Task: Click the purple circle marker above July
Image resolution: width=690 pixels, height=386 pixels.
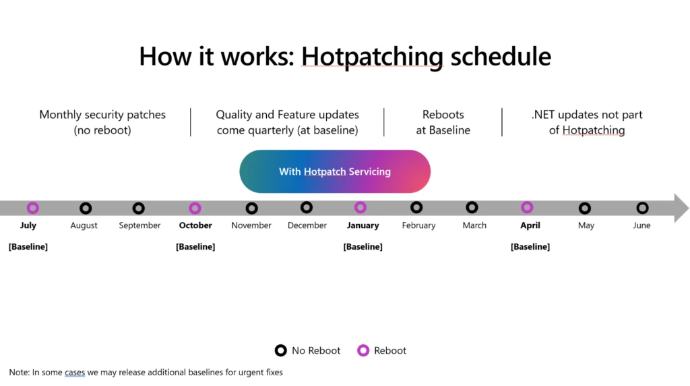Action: click(32, 208)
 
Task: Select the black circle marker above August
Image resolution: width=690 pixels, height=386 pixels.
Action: click(85, 209)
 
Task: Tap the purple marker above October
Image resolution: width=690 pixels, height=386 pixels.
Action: click(195, 209)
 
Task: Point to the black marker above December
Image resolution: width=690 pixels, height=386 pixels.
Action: click(307, 208)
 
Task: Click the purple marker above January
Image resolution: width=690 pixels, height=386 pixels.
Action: click(360, 208)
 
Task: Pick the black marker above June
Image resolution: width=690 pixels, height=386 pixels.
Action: click(642, 209)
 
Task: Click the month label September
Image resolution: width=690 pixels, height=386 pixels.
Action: click(139, 225)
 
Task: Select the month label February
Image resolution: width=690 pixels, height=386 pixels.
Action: click(418, 225)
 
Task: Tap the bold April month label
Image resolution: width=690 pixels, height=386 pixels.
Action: click(530, 225)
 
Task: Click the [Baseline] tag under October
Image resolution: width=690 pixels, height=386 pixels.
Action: click(195, 247)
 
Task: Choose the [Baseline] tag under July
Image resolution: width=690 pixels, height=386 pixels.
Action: click(28, 247)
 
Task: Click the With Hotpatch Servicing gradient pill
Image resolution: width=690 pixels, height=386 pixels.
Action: click(335, 171)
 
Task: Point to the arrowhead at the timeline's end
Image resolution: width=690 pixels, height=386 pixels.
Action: click(681, 208)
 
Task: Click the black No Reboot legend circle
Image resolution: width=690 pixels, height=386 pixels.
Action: click(280, 350)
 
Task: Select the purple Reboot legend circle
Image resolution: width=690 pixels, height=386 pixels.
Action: click(363, 350)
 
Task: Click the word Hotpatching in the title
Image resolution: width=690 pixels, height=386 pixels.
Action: click(372, 56)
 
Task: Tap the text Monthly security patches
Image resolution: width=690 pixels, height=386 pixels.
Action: click(102, 115)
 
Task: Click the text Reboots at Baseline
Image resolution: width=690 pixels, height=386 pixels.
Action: click(443, 122)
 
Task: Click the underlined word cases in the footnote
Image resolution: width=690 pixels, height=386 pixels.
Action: click(75, 373)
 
